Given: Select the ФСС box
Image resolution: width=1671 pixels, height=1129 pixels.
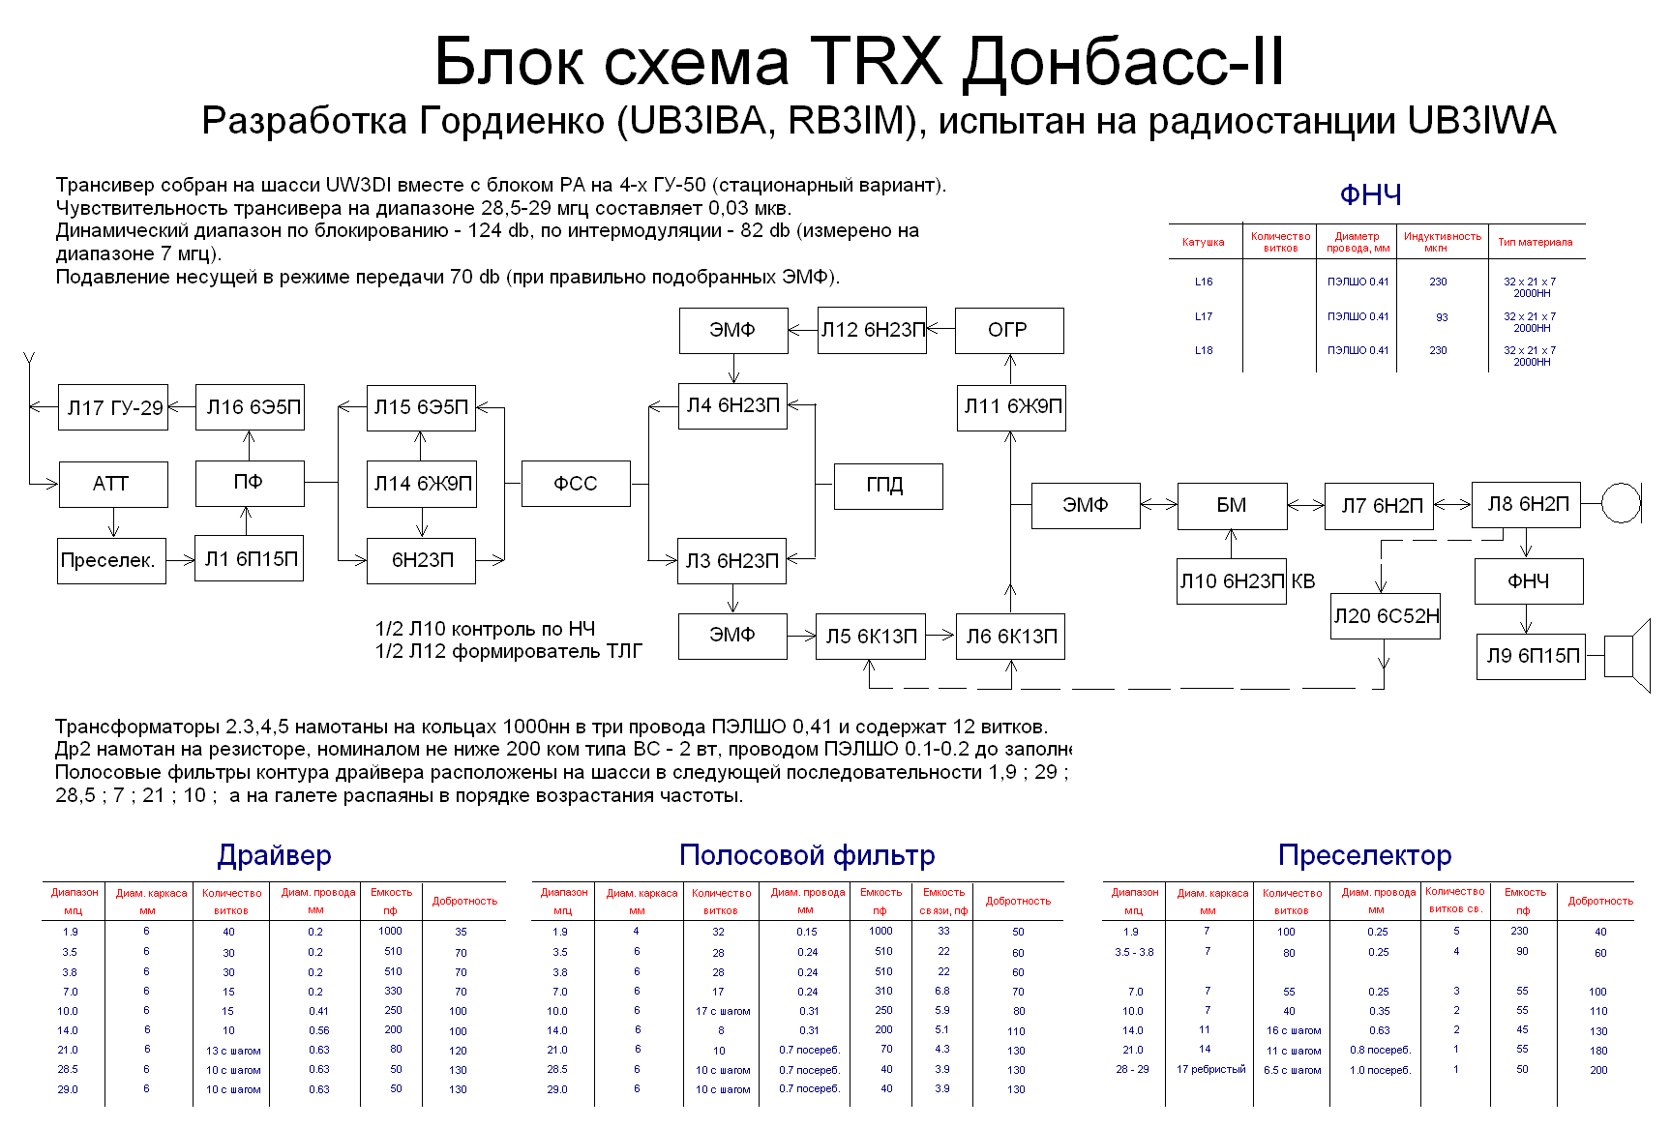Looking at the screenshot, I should tap(576, 484).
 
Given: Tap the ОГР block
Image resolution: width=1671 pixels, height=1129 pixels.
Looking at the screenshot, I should tap(1008, 330).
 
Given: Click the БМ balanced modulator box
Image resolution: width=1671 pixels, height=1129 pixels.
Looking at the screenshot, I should tap(1232, 505).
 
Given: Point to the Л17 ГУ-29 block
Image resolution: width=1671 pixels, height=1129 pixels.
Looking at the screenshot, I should tap(113, 408).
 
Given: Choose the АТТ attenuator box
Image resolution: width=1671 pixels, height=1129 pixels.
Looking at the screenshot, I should tap(112, 484).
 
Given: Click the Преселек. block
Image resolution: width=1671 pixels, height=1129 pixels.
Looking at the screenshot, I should tap(111, 560).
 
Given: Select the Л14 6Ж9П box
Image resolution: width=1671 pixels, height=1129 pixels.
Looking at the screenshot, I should tap(421, 484).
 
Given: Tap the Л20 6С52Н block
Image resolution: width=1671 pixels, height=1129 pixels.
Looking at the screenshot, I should tap(1386, 616).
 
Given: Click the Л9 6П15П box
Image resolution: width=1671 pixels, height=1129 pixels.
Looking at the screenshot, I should tap(1530, 656).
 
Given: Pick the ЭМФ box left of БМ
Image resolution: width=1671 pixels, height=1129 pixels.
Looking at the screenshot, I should tap(1085, 505).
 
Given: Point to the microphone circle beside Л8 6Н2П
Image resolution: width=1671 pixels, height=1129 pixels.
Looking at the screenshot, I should tap(1621, 503).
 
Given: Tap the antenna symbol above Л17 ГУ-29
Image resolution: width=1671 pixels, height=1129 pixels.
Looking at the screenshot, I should tap(29, 363).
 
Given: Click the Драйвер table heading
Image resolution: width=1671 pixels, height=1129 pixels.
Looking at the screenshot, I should tap(274, 855).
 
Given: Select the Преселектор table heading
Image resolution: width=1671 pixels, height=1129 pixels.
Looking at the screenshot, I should tap(1364, 855).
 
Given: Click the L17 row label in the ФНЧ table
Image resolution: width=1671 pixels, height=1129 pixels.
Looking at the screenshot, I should tap(1203, 316).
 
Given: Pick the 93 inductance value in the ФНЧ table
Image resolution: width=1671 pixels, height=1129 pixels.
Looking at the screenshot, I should tap(1442, 317).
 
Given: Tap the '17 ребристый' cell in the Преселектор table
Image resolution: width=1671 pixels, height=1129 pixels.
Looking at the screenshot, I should tap(1210, 1069).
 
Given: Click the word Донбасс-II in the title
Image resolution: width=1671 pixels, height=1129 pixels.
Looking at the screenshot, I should tap(1123, 62).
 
